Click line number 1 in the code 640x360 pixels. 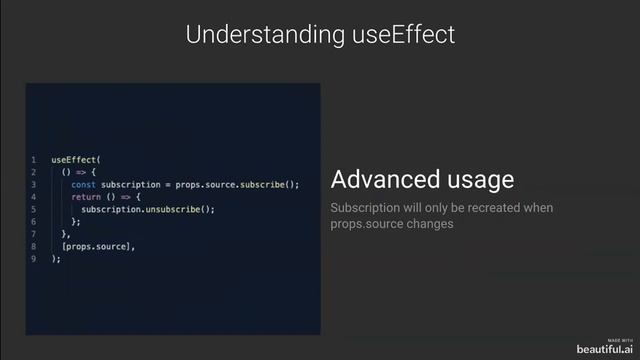(33, 160)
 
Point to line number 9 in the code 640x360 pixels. (33, 258)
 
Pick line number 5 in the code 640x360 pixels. (33, 209)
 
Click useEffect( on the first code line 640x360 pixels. (77, 160)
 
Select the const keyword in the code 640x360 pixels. (83, 184)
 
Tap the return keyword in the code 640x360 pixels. (86, 197)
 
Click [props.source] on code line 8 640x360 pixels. (98, 246)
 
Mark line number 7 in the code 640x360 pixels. (33, 234)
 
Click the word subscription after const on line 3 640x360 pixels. (131, 184)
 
